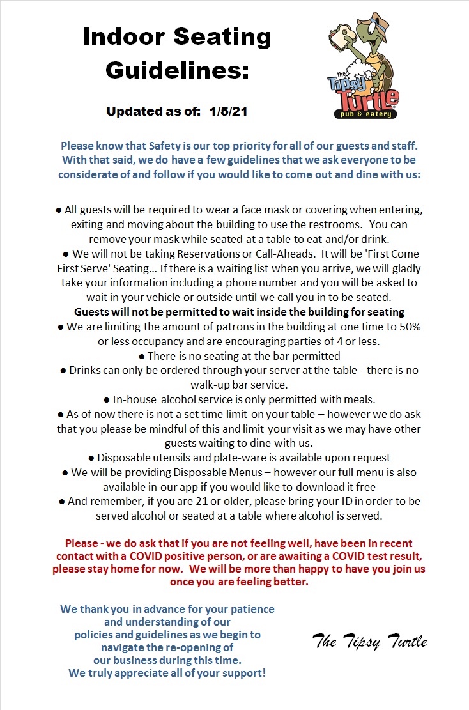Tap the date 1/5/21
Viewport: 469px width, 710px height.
pos(228,111)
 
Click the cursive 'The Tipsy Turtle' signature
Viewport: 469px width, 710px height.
pos(369,641)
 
